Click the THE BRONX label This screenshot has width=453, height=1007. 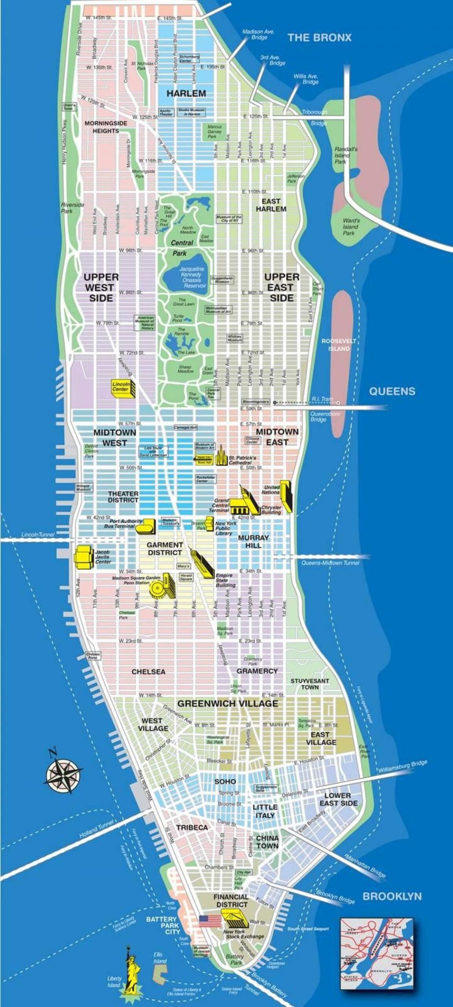click(x=319, y=38)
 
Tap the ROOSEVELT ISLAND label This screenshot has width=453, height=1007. click(x=339, y=345)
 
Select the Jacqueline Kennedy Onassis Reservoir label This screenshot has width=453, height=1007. click(x=192, y=277)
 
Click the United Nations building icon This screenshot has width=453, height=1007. click(x=286, y=496)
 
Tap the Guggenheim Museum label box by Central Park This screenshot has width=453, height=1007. click(x=222, y=280)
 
